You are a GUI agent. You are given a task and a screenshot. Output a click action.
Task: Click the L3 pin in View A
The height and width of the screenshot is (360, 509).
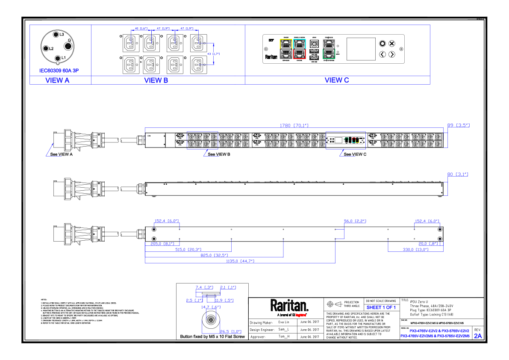56,34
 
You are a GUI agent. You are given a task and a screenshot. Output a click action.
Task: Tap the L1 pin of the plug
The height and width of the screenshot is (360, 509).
58,57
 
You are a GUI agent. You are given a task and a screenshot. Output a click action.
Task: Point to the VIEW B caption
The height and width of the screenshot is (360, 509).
153,80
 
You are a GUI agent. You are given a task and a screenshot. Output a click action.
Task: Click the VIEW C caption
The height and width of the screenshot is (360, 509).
337,80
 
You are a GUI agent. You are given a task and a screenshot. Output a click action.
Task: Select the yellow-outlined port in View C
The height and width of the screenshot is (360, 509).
285,44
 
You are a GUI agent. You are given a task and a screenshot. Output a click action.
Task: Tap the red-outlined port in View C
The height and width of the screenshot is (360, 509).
300,54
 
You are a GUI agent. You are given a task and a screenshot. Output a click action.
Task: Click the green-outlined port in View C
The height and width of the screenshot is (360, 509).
329,54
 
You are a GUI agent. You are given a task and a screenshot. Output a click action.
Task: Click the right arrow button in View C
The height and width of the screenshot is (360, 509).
391,54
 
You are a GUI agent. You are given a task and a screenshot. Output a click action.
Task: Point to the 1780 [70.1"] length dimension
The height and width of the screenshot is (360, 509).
294,125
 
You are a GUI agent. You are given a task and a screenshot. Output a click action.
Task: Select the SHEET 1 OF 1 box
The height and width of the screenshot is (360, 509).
381,307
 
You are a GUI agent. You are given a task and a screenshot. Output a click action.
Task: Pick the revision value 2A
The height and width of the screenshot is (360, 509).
478,336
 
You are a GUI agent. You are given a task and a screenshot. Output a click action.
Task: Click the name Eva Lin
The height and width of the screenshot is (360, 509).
284,322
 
